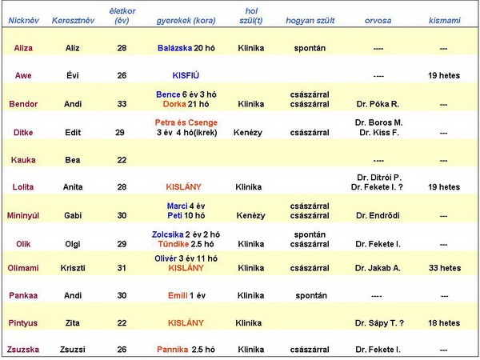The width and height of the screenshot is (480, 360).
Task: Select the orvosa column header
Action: point(378,18)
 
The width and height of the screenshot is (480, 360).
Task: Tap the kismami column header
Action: point(443,18)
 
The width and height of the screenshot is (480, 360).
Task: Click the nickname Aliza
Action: point(23,48)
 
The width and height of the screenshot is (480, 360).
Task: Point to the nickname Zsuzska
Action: point(23,350)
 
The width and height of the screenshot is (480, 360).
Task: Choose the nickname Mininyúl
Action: point(23,216)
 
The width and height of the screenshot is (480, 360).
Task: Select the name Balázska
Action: point(174,48)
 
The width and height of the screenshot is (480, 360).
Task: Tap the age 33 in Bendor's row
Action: point(122,104)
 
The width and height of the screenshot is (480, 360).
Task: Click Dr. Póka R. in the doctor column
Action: point(378,104)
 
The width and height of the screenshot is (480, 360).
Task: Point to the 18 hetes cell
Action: point(443,322)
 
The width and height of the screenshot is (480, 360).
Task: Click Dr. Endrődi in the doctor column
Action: point(378,216)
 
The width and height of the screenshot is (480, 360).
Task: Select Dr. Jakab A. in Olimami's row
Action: point(378,268)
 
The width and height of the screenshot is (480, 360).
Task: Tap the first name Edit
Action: point(73,132)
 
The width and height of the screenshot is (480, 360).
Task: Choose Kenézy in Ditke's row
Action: point(250,132)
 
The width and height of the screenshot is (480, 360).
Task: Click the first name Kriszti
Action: point(73,268)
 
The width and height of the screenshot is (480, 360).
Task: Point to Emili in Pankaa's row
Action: point(178,295)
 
